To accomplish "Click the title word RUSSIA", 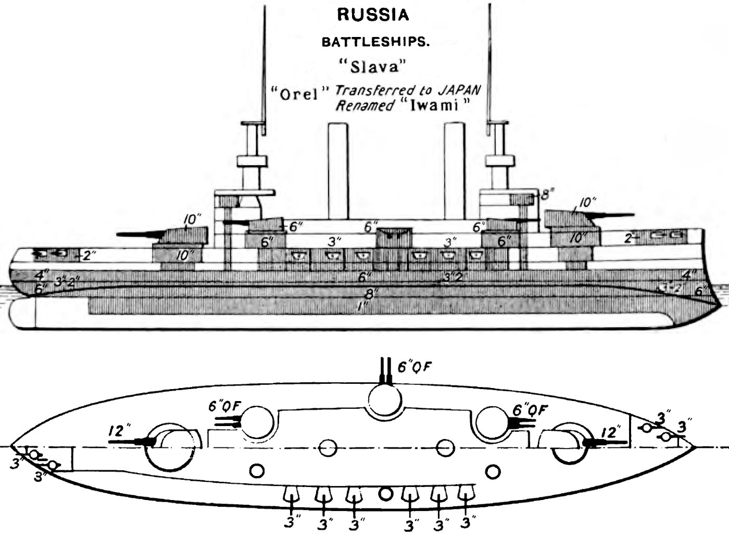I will click(373, 15).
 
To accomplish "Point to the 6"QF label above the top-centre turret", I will click(414, 368).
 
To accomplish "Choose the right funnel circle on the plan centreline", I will click(444, 448).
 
